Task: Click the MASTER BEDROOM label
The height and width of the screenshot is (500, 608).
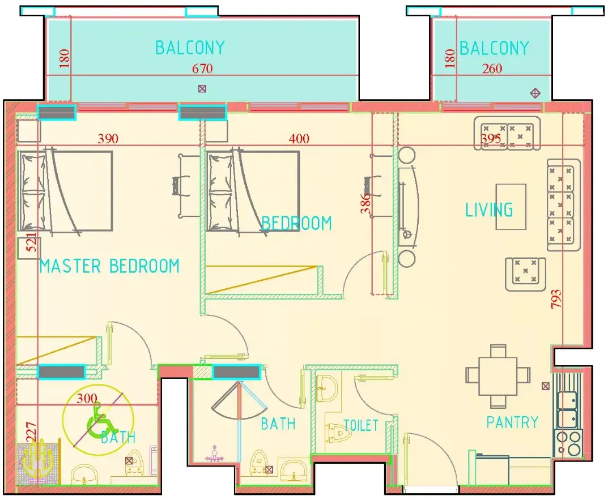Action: tap(109, 266)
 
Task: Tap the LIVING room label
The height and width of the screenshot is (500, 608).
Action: tap(489, 210)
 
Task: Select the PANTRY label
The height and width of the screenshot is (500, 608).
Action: tap(512, 422)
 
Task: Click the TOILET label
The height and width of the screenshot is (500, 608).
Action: tap(360, 425)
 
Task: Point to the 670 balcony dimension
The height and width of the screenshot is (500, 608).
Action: tap(202, 69)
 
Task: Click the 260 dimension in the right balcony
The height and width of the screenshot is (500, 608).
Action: tap(492, 69)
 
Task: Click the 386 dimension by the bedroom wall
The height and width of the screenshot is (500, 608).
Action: tap(365, 202)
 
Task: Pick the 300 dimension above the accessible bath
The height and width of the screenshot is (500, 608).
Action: tap(87, 399)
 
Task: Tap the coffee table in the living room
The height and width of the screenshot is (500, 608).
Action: tap(511, 207)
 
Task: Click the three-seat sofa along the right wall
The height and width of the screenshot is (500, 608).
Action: tap(563, 205)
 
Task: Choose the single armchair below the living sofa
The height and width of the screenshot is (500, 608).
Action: tap(525, 273)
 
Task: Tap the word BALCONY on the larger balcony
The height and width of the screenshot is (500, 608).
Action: tap(190, 48)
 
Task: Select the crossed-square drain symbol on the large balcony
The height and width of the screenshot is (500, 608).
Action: tap(202, 88)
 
